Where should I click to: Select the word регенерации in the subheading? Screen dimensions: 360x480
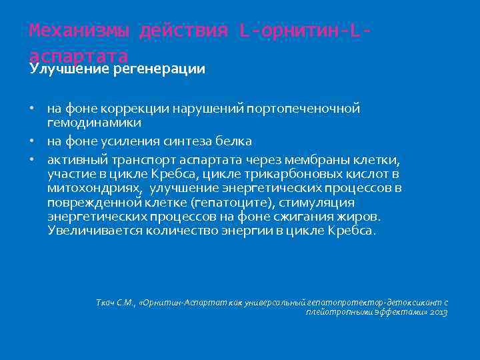159,69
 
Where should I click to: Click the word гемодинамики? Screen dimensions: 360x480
94,123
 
